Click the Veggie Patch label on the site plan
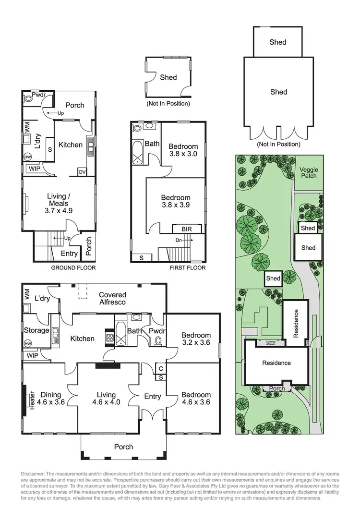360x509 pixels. pos(309,172)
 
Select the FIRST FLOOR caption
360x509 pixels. pos(188,268)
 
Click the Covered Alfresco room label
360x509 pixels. pos(112,298)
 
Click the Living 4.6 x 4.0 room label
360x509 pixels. pos(106,399)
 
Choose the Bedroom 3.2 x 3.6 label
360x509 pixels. pos(196,339)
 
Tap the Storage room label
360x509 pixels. pos(36,330)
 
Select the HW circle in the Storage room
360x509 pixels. pos(27,344)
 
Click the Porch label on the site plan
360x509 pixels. pos(277,388)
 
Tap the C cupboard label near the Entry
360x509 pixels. pos(160,368)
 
